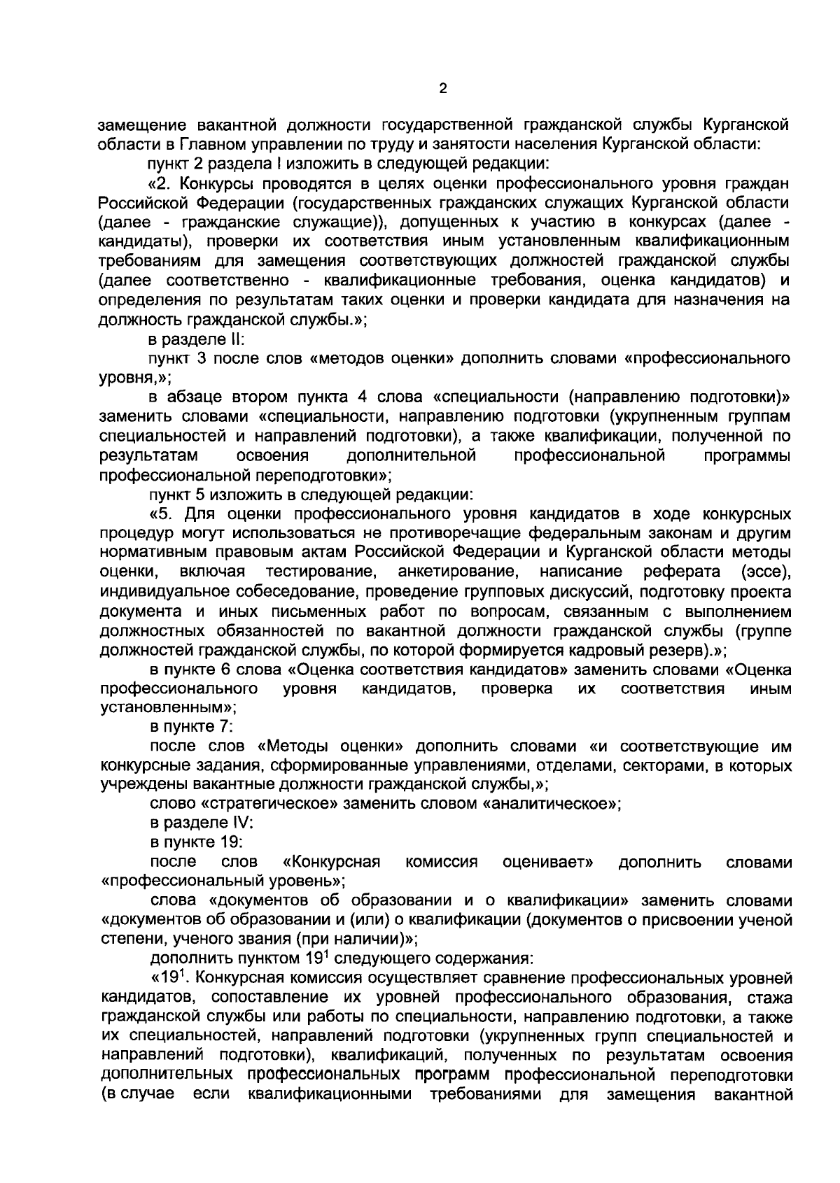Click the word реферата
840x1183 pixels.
click(x=682, y=572)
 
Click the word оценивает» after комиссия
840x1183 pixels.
click(x=548, y=862)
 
